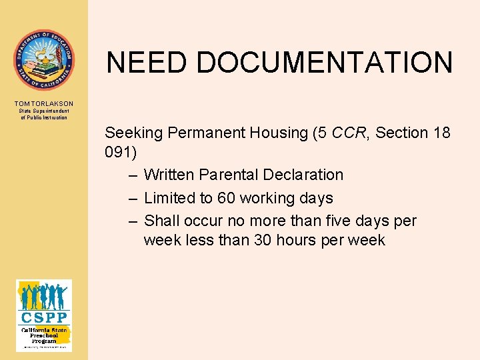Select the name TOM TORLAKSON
click(44, 103)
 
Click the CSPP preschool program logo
click(44, 315)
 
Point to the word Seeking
click(134, 133)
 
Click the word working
click(274, 198)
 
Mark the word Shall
click(162, 221)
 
